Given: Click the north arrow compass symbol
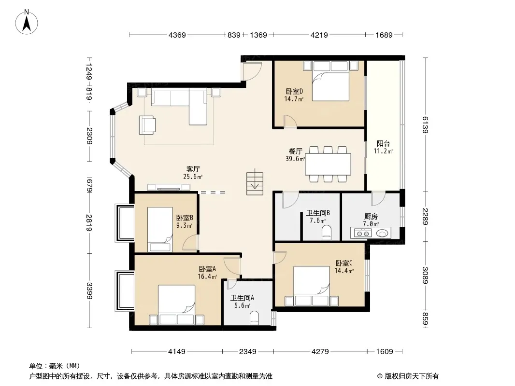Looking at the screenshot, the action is click(27, 22).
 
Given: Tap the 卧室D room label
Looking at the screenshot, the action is click(294, 92).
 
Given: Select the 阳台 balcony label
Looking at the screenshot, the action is click(383, 144).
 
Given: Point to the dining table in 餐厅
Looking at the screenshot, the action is click(328, 164).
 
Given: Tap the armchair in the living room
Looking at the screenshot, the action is click(147, 125).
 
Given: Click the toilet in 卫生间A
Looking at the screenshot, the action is click(254, 318).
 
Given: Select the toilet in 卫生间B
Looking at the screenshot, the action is click(327, 232).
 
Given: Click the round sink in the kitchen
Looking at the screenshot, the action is click(382, 233).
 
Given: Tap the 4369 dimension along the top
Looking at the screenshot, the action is click(177, 35).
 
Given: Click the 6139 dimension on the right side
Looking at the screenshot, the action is click(425, 124).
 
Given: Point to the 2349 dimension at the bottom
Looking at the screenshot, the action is click(248, 352).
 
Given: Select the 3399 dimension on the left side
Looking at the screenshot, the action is click(89, 290).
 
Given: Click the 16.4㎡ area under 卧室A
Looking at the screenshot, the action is click(207, 276).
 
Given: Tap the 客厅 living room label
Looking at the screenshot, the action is click(193, 169).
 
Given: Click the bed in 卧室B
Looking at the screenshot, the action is click(160, 229).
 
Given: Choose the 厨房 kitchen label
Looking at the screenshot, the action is click(371, 217).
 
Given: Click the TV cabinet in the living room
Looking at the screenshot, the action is click(169, 187).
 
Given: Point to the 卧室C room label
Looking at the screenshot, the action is click(344, 263).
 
